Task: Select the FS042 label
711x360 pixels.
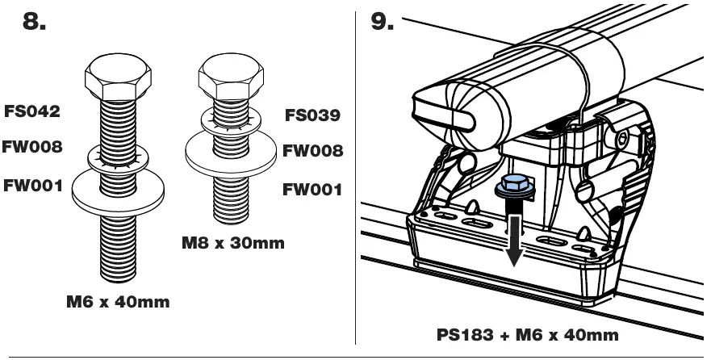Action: pyautogui.click(x=31, y=114)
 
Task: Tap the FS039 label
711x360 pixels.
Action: pyautogui.click(x=312, y=115)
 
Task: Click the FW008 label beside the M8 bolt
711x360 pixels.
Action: pyautogui.click(x=313, y=151)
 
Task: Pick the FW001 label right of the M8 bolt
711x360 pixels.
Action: pyautogui.click(x=312, y=190)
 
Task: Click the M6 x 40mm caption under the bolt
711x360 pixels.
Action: pyautogui.click(x=116, y=303)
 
